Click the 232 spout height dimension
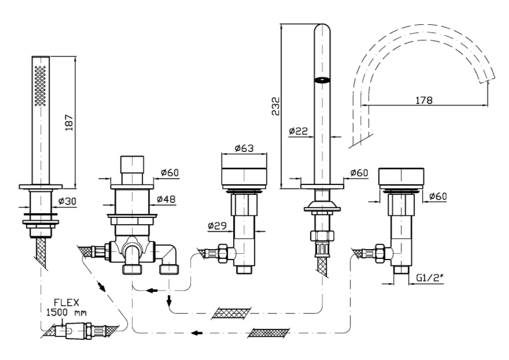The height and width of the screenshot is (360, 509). pyautogui.click(x=276, y=106)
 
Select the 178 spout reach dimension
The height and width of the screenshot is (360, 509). pyautogui.click(x=424, y=100)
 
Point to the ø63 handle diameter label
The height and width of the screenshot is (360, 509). pyautogui.click(x=245, y=148)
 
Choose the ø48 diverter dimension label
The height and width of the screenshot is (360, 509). pyautogui.click(x=167, y=199)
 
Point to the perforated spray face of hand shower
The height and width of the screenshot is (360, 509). pyautogui.click(x=40, y=86)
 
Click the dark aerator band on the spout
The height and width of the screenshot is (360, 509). pyautogui.click(x=322, y=80)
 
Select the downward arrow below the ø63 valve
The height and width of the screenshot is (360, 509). pyautogui.click(x=169, y=301)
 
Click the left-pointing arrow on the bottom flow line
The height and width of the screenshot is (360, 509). pyautogui.click(x=197, y=333)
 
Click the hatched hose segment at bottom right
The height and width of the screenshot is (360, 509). pyautogui.click(x=267, y=333)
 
